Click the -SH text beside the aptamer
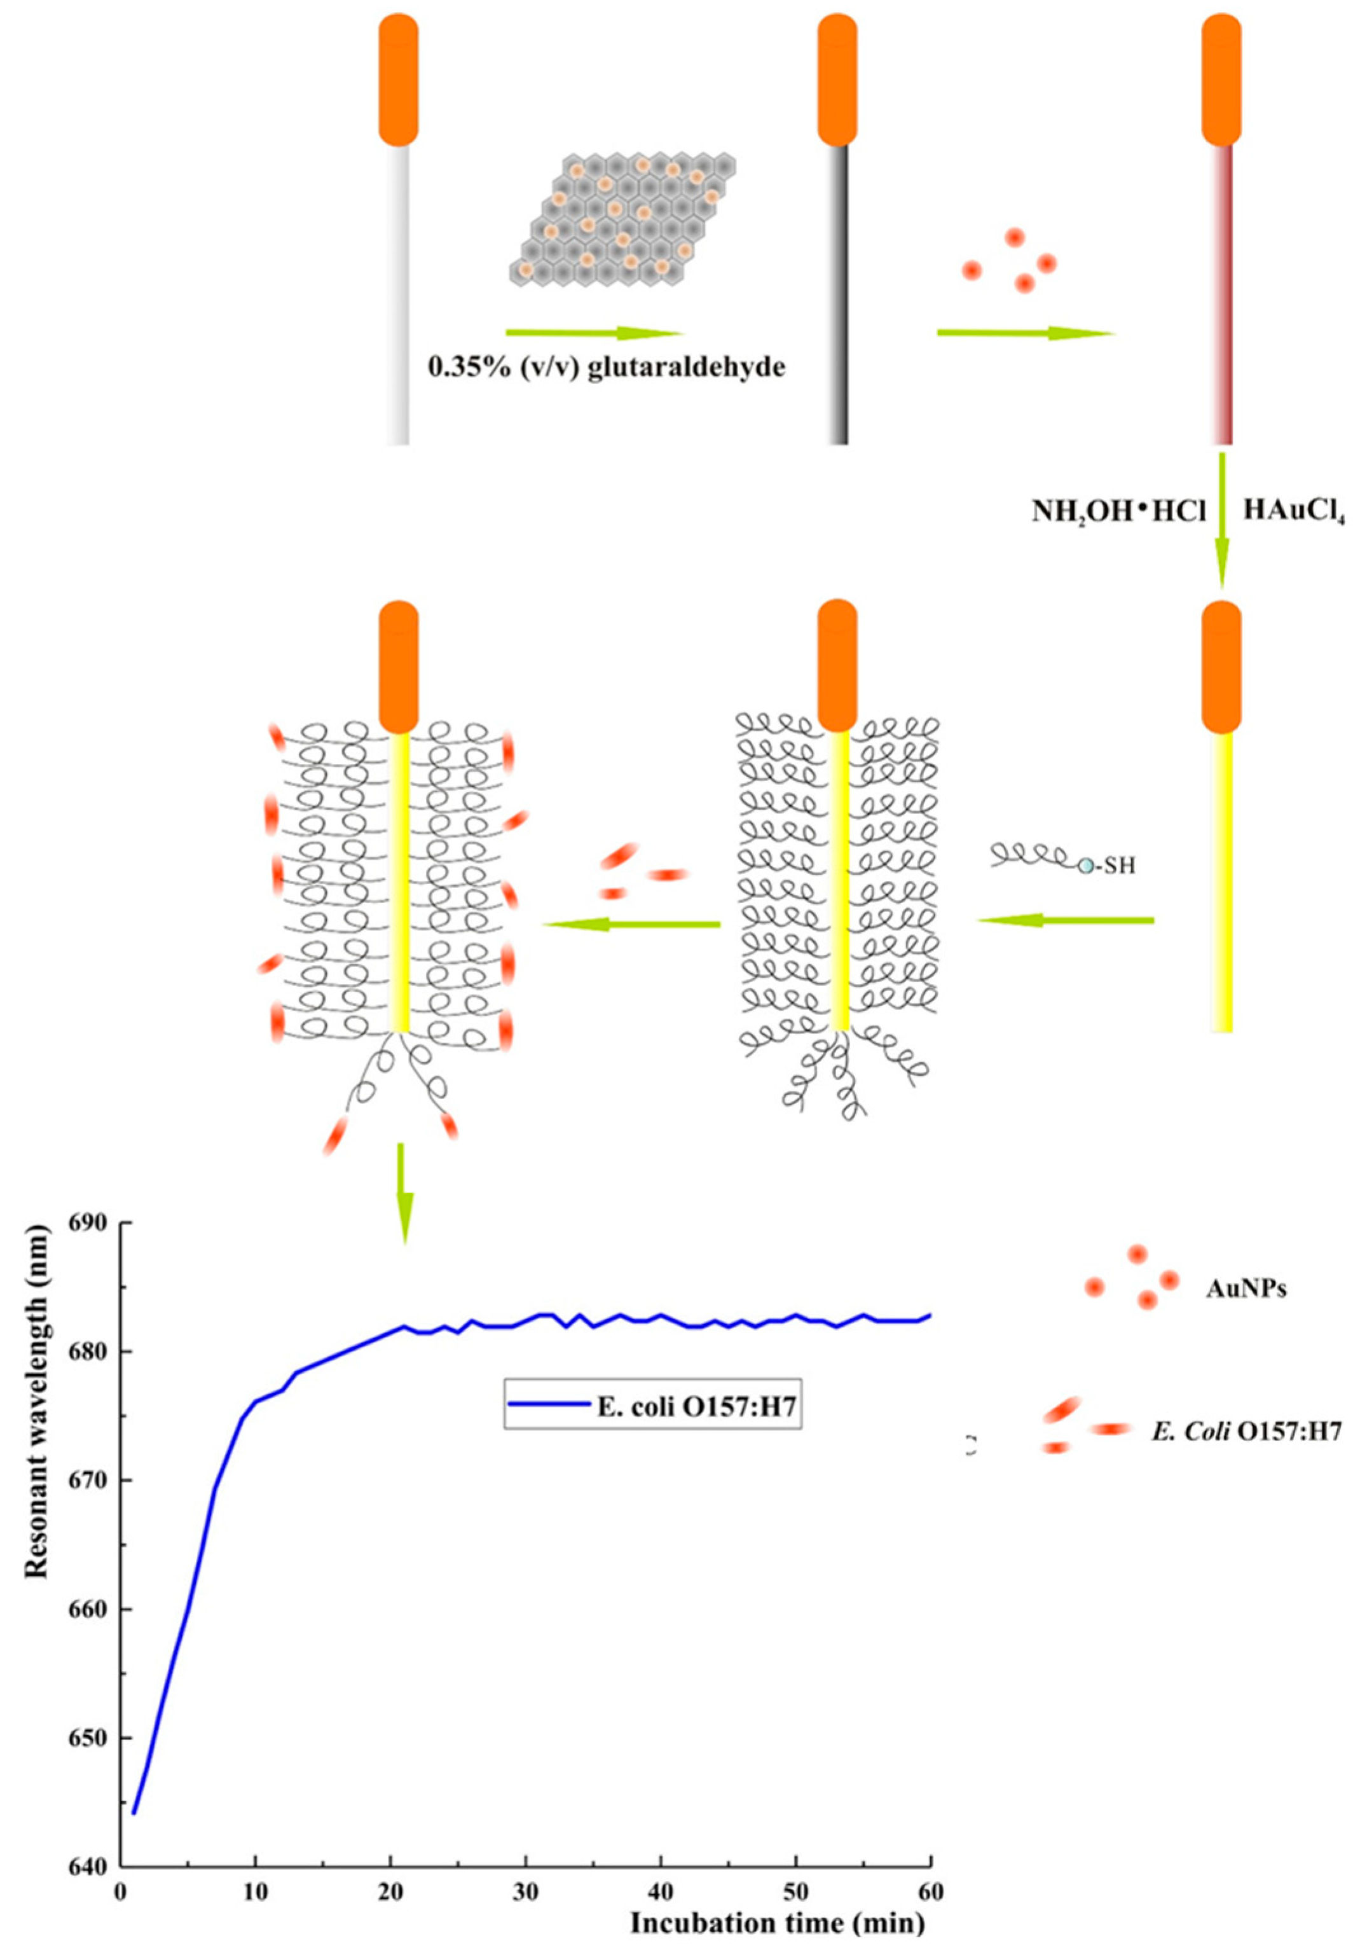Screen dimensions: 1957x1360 pos(1116,867)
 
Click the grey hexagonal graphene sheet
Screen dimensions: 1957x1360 pos(622,220)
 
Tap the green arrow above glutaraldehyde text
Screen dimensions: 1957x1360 pos(594,333)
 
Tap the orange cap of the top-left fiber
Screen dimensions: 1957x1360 pos(398,81)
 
